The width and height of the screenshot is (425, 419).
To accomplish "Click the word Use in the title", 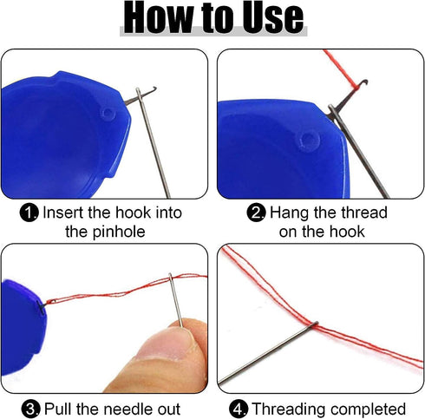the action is pyautogui.click(x=272, y=17).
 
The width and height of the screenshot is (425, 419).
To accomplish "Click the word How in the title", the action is pyautogui.click(x=158, y=17).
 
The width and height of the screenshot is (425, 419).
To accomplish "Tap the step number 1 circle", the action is pyautogui.click(x=29, y=213).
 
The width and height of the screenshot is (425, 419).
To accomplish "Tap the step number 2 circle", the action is pyautogui.click(x=256, y=213).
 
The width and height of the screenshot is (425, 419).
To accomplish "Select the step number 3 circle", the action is pyautogui.click(x=30, y=409).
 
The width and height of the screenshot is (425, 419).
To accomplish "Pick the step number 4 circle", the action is pyautogui.click(x=239, y=409).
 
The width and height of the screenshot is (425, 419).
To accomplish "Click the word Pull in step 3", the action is pyautogui.click(x=58, y=409).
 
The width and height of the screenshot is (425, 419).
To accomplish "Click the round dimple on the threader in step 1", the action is pyautogui.click(x=108, y=114).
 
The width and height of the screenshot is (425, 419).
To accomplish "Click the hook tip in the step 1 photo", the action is pyautogui.click(x=154, y=88).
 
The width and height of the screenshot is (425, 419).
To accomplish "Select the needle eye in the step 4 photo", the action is pyautogui.click(x=315, y=324).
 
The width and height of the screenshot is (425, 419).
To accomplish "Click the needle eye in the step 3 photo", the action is pyautogui.click(x=171, y=278).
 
